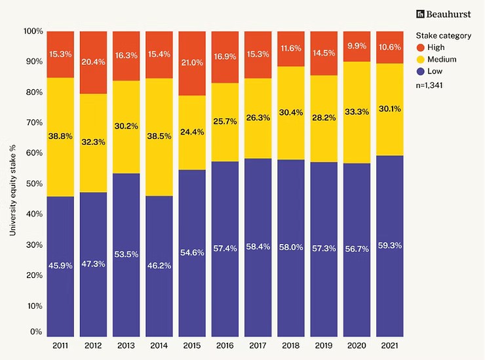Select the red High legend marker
(421, 47)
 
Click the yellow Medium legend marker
(421, 59)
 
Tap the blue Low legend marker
(421, 71)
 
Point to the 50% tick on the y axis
(34, 184)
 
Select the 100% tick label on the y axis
(33, 31)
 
